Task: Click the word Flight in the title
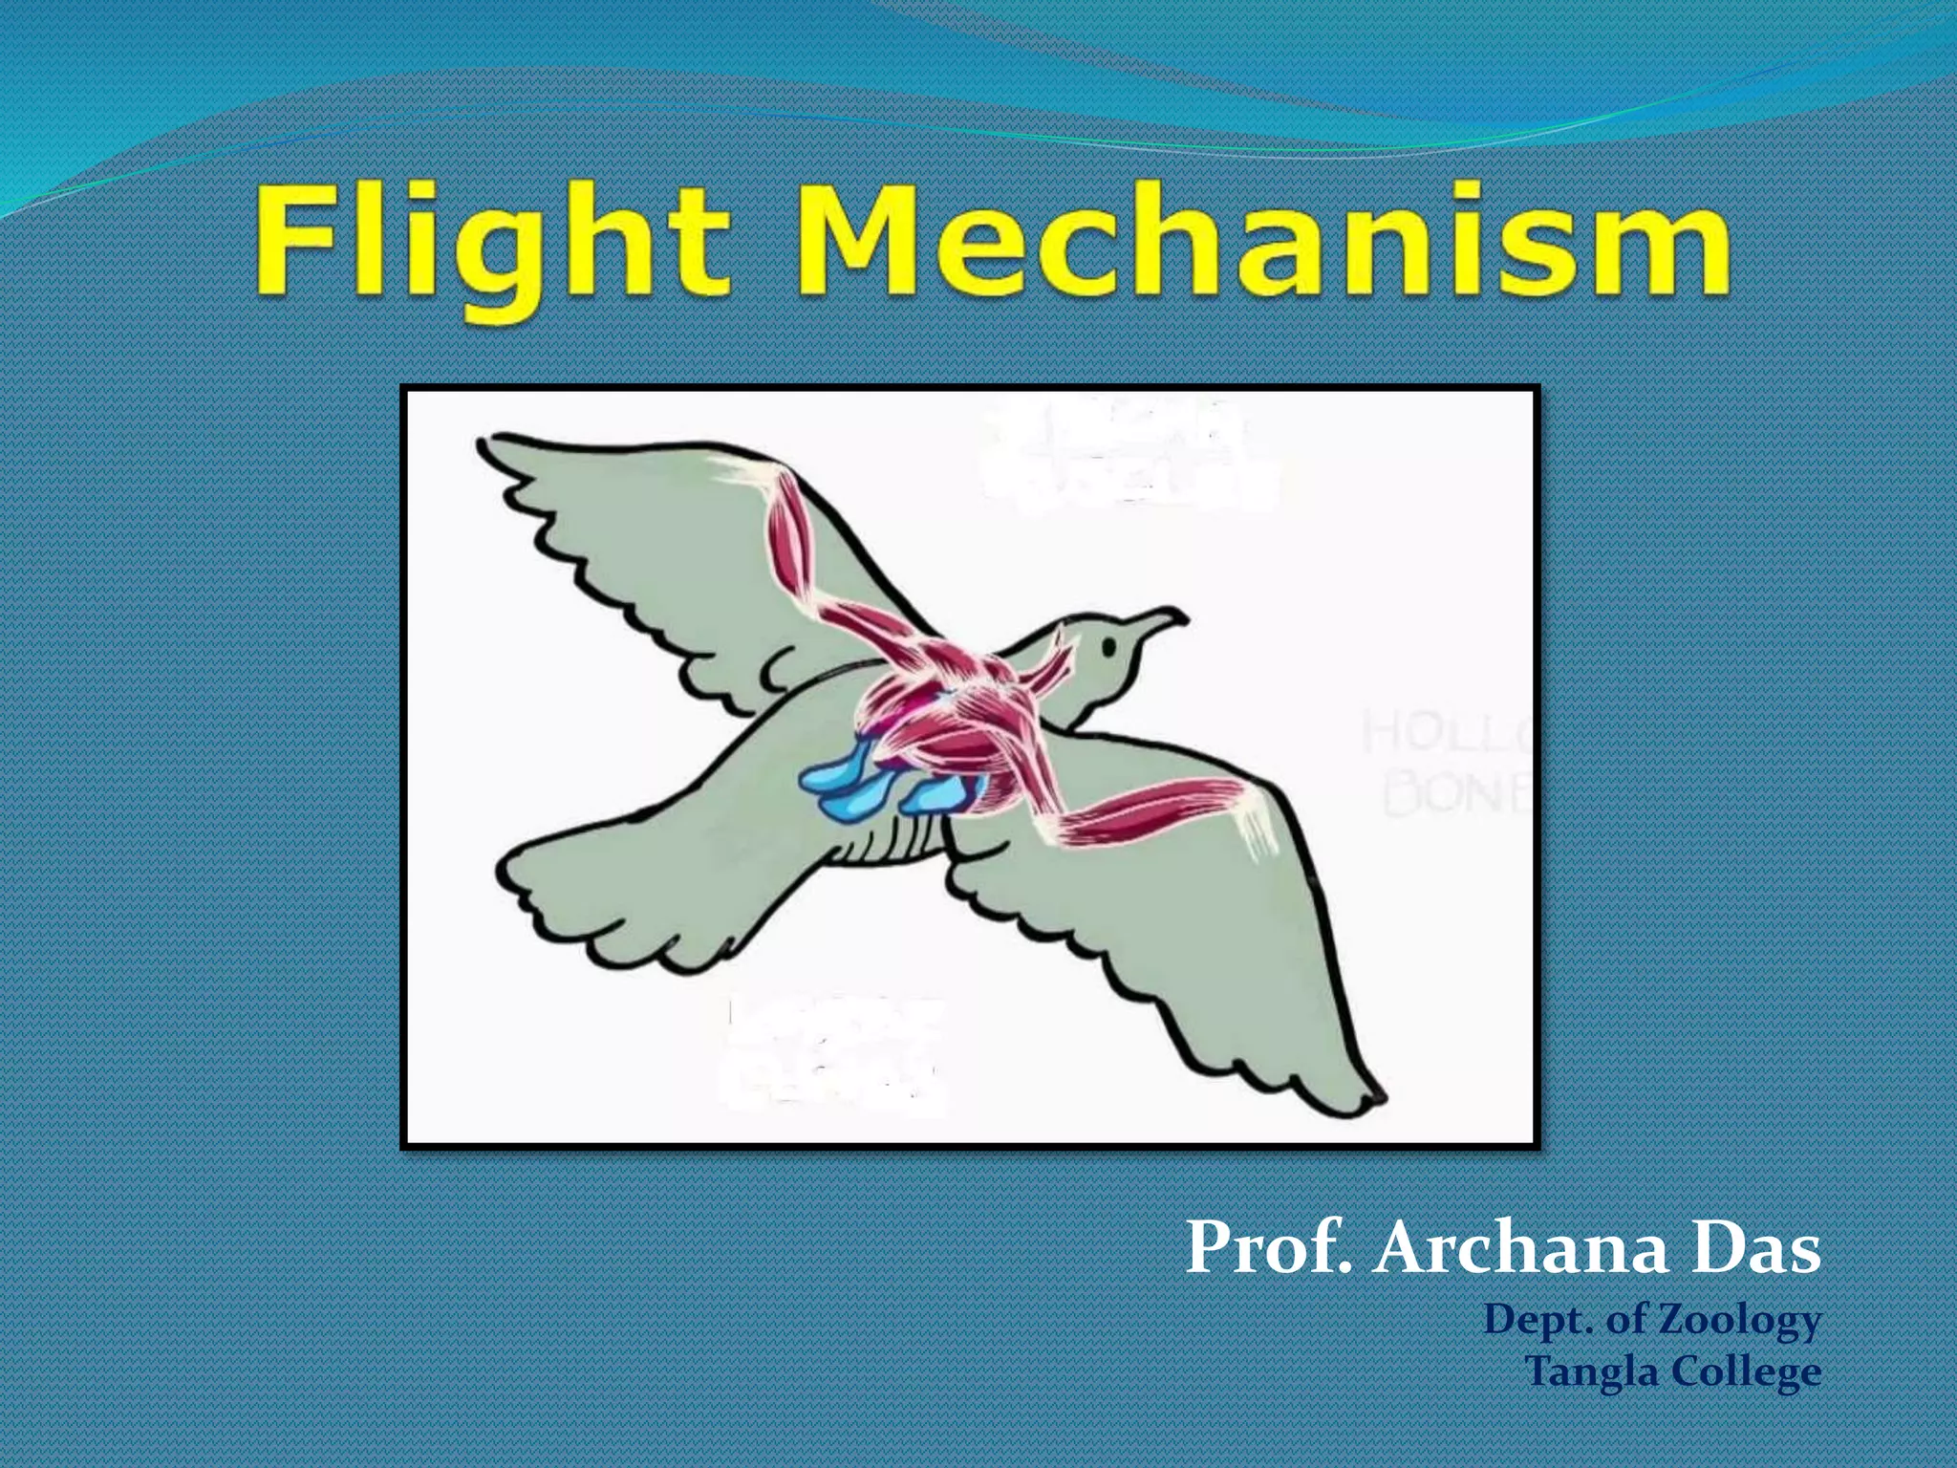492,244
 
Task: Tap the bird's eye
1109,647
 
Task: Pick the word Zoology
1738,1322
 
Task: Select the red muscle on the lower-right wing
1156,812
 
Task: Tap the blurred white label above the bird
1128,454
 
